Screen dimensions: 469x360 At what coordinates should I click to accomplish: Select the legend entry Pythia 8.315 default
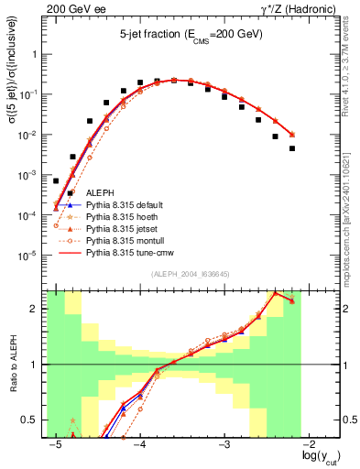pos(121,205)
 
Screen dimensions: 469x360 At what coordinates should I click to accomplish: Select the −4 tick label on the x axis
pos(139,444)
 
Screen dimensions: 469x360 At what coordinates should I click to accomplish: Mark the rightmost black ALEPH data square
pos(292,148)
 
